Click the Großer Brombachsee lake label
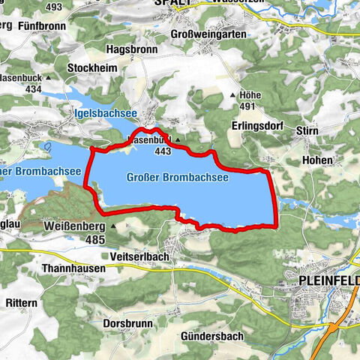178,178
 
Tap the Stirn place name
314,130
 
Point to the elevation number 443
161,151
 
